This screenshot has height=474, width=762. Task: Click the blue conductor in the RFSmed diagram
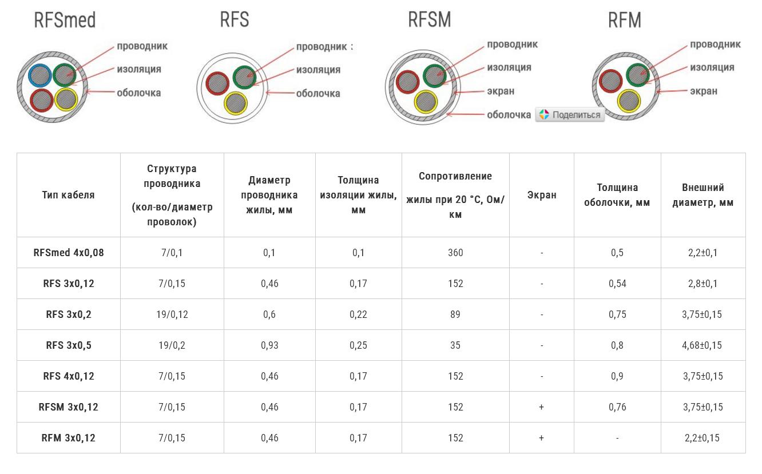39,76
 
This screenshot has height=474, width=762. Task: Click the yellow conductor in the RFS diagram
235,103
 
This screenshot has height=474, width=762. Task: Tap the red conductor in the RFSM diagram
407,81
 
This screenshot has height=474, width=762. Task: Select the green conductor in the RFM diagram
638,75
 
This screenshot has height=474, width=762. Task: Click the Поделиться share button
570,114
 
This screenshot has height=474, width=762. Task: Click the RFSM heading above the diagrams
429,19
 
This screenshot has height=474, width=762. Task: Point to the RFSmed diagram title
65,21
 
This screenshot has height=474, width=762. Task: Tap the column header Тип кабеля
68,195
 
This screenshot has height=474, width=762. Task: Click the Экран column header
541,195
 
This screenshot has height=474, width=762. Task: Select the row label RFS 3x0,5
68,345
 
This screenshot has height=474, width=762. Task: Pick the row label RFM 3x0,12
68,438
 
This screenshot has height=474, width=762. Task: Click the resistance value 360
455,253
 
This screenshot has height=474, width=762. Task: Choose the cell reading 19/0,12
172,314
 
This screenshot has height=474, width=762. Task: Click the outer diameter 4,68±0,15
702,345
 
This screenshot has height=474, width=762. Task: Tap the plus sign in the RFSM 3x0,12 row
541,407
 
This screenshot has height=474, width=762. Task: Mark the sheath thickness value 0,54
617,284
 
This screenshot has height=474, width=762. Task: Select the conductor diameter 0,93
269,345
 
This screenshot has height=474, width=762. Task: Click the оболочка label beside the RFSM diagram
509,115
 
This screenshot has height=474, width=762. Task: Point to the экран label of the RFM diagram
703,91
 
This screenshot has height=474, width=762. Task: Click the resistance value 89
455,314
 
